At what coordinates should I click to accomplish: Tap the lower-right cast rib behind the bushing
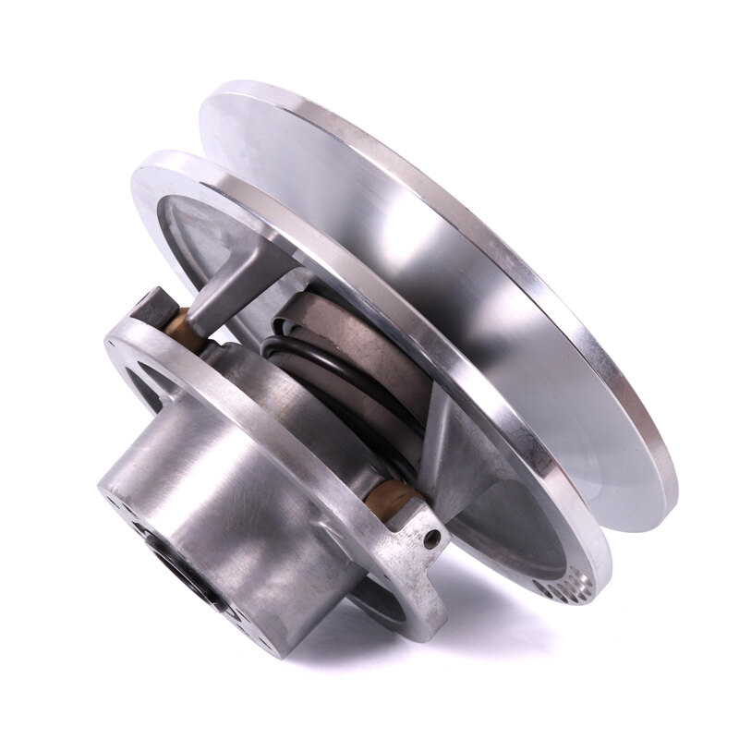point(443,443)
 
